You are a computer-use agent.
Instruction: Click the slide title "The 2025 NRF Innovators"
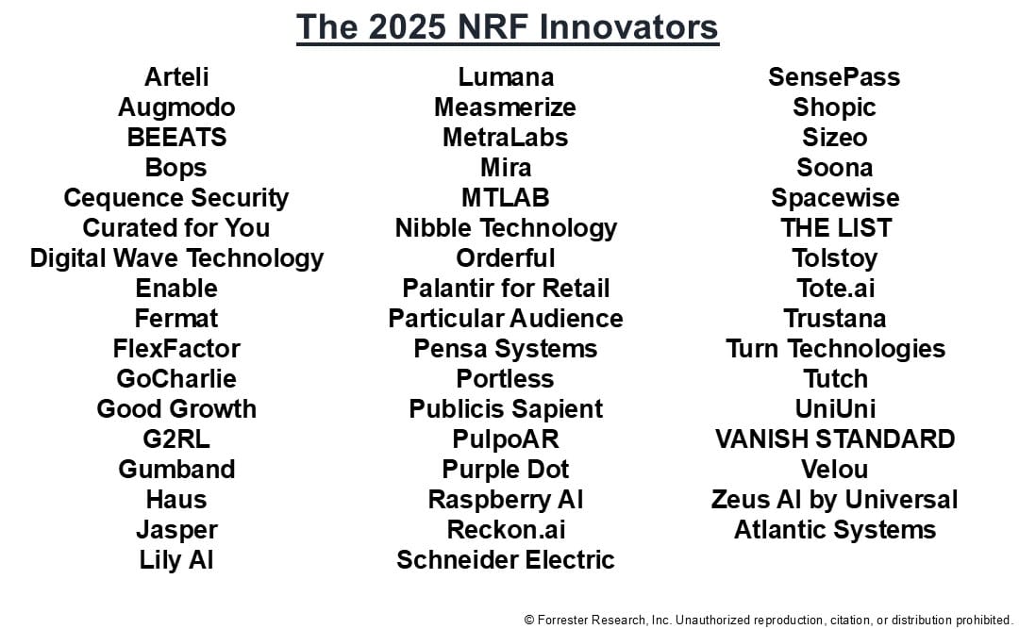[508, 27]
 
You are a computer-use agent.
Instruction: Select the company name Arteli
[176, 76]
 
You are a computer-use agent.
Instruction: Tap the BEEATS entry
[176, 137]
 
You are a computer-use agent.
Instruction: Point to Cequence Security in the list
[176, 197]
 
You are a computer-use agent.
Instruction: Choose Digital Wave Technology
[176, 258]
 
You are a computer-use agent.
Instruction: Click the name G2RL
[176, 439]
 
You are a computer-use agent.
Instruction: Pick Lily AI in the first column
[176, 559]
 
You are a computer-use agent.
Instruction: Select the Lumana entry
[506, 76]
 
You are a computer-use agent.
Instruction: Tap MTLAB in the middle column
[506, 197]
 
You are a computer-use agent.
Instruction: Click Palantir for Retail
[506, 288]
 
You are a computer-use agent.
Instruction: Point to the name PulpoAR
[506, 439]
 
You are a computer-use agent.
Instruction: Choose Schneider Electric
[506, 559]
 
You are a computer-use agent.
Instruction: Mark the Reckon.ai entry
[506, 530]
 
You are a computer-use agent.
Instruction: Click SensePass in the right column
[834, 76]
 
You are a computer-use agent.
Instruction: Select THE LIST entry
[836, 227]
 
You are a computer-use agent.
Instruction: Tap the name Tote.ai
[836, 288]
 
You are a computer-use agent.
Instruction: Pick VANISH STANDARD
[835, 439]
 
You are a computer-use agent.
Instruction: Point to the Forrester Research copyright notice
[768, 620]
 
